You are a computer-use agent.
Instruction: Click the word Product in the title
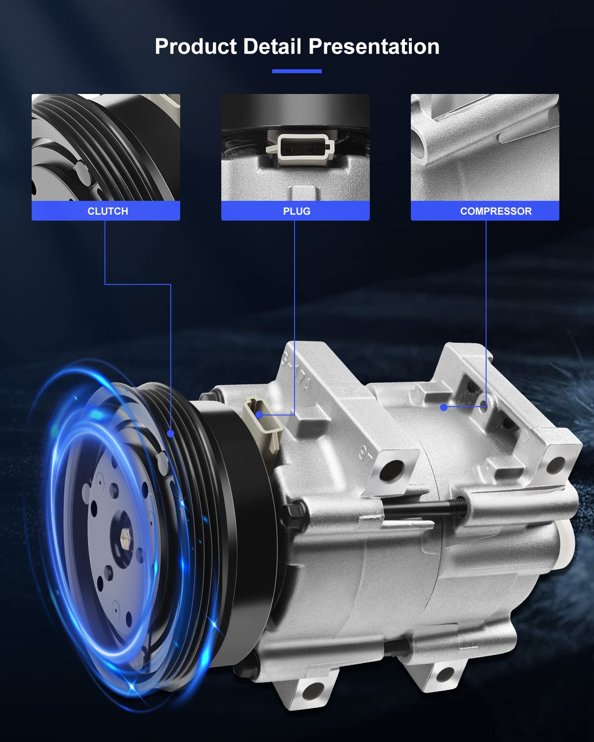pos(196,46)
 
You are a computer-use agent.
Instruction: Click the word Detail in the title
pos(272,46)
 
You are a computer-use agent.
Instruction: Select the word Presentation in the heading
pos(374,46)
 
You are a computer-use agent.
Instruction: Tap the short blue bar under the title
pos(297,71)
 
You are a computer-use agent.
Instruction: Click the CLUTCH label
pos(108,211)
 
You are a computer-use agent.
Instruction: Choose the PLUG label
pos(297,211)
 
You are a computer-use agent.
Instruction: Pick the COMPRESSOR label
pos(495,211)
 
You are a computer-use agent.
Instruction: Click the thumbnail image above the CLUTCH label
pos(106,147)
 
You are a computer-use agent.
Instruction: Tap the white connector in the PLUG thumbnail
pos(300,148)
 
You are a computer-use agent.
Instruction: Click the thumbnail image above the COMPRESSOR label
pos(485,147)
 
